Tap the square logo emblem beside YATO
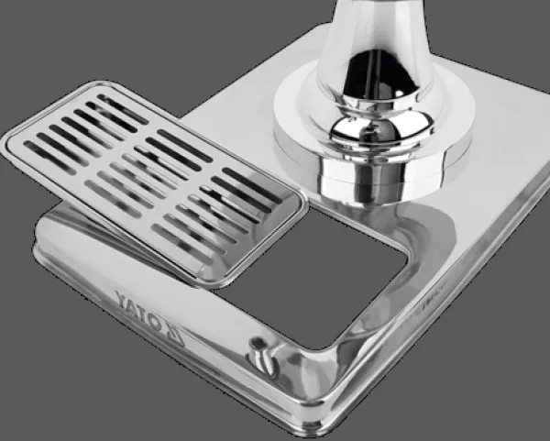(x=174, y=336)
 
